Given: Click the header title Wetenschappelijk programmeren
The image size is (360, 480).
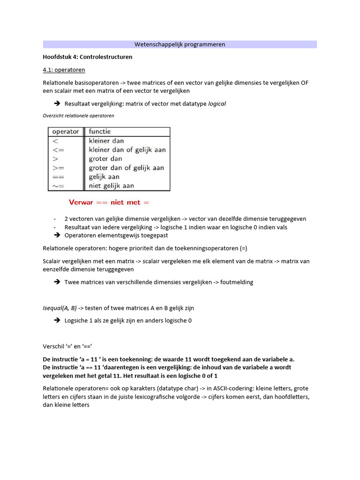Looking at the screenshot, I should [x=180, y=45].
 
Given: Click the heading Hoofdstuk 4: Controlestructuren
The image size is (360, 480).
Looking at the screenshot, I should [x=88, y=57].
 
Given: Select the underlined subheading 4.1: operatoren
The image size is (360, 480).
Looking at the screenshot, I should [x=64, y=70].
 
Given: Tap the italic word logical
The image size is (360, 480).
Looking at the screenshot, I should [x=217, y=104].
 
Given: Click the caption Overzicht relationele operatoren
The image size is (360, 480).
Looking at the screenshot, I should [x=78, y=115].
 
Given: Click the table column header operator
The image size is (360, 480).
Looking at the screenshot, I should [x=65, y=132].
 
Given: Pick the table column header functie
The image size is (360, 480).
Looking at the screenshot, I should [x=100, y=132].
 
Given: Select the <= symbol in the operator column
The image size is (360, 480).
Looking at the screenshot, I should [x=58, y=150].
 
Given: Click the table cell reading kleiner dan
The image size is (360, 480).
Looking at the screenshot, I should [x=106, y=141].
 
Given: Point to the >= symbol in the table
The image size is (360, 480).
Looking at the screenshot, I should [x=58, y=168].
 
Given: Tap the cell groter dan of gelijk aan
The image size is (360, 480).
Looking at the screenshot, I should [x=127, y=168].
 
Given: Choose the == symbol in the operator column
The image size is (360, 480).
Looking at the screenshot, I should [x=58, y=177].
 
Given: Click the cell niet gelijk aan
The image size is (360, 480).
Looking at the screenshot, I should [x=112, y=186].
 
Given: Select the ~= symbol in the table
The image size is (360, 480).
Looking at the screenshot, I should [x=58, y=186].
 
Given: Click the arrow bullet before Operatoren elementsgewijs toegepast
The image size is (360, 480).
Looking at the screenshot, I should [x=57, y=235].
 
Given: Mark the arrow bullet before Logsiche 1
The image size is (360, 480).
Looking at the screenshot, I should [x=57, y=321].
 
